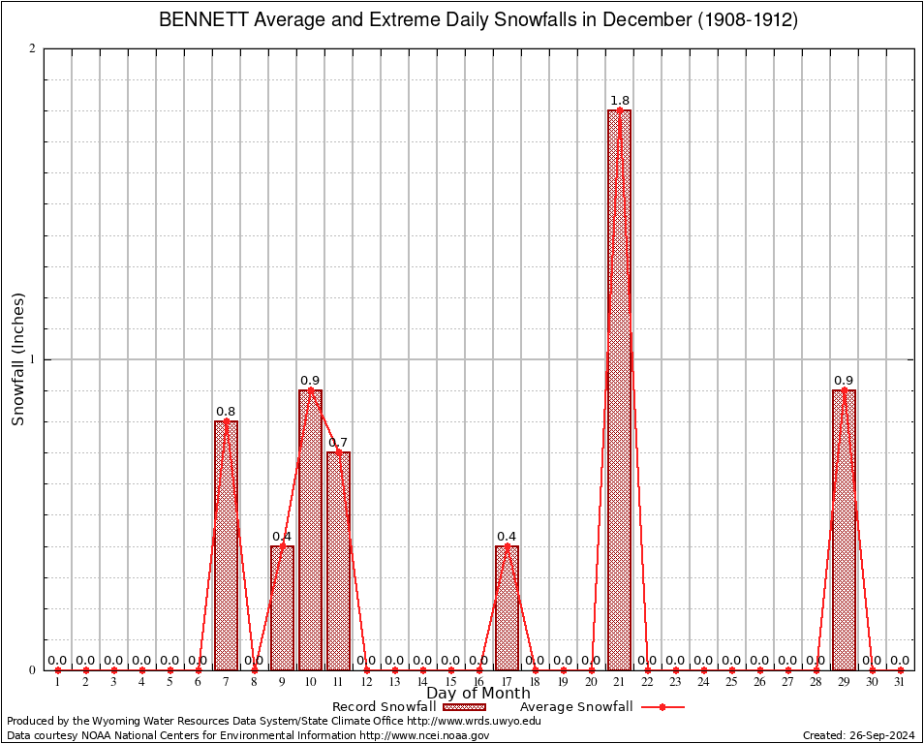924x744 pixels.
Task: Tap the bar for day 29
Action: tap(844, 530)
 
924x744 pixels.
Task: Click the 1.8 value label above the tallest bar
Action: tap(620, 100)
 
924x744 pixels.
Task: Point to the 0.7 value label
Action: tap(338, 443)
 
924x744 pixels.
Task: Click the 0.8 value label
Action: tap(226, 412)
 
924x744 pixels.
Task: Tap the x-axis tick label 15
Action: tap(450, 682)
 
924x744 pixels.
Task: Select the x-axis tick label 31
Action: tap(901, 682)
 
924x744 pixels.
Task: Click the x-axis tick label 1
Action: tap(57, 682)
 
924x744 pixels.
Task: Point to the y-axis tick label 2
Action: tap(32, 49)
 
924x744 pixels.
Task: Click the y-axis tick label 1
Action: tap(32, 359)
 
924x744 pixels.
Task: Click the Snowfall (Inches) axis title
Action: tap(17, 359)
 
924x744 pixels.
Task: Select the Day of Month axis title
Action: tap(478, 693)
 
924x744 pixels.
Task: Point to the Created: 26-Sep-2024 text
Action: tap(859, 735)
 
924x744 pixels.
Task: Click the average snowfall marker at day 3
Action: tap(113, 669)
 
